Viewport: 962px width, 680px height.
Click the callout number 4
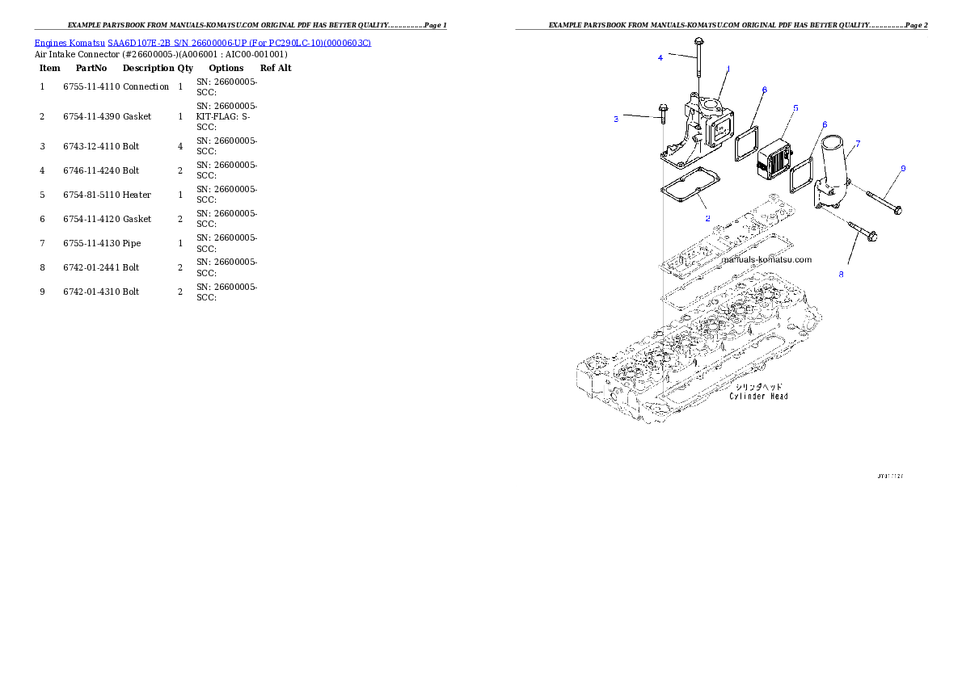click(x=660, y=57)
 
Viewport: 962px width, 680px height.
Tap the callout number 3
click(x=616, y=119)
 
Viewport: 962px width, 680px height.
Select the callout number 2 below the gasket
click(x=707, y=218)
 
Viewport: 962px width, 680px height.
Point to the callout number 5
click(x=795, y=107)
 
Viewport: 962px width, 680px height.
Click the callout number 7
click(x=858, y=143)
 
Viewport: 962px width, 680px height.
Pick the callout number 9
click(x=903, y=168)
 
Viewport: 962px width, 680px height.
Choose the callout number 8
click(x=841, y=275)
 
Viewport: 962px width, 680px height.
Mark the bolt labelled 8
click(x=863, y=231)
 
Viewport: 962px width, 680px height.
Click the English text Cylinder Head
click(x=758, y=397)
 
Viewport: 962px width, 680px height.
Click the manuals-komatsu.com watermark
click(x=766, y=260)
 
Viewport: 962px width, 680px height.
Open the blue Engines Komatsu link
click(x=202, y=43)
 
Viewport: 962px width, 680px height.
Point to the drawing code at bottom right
click(x=890, y=476)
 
